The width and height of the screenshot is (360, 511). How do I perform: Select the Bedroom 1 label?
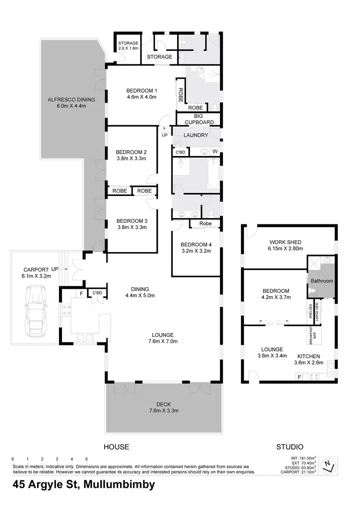[142, 91]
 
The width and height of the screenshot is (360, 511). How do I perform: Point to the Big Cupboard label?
[198, 119]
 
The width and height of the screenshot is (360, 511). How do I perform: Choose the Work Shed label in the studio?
[285, 242]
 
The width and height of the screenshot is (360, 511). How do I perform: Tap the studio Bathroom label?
[321, 281]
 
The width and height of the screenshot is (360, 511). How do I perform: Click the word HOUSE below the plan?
[117, 447]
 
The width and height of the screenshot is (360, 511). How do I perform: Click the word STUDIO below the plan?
[289, 447]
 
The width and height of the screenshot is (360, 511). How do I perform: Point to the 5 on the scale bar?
[86, 459]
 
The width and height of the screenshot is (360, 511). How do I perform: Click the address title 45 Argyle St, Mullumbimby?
[78, 485]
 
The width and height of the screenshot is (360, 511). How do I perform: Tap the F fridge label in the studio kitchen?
[300, 377]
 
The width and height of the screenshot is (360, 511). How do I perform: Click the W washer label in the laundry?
[215, 152]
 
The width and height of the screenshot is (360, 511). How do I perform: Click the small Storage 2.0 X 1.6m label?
[128, 46]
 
